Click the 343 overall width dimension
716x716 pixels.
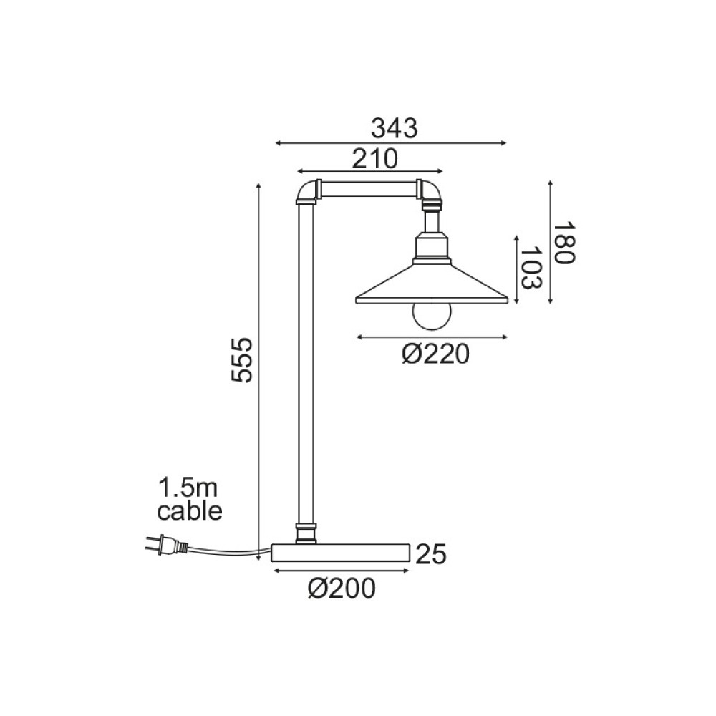[x=394, y=128]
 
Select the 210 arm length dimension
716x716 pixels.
[x=374, y=158]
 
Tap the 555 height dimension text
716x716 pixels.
[x=243, y=359]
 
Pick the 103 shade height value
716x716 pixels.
[x=529, y=268]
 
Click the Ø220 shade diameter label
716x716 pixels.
[x=435, y=353]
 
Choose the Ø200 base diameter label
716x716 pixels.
[x=342, y=588]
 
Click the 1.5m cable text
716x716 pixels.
[x=190, y=500]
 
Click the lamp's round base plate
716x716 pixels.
[x=340, y=553]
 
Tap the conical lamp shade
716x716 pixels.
[x=432, y=287]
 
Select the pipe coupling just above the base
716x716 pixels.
[x=306, y=533]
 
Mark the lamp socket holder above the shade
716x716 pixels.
[x=432, y=246]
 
